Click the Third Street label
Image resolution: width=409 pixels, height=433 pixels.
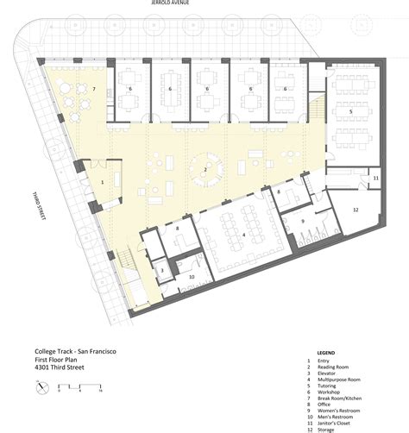39,206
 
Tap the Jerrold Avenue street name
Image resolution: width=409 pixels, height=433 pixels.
170,3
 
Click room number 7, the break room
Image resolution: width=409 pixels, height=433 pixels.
94,89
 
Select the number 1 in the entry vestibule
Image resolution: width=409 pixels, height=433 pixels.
103,182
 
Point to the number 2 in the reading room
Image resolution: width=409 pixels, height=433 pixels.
205,170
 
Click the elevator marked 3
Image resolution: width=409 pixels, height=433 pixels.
162,270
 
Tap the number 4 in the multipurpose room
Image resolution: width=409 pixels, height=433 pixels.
244,235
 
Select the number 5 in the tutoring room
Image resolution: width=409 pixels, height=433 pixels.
350,111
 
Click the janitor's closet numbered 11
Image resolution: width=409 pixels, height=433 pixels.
376,178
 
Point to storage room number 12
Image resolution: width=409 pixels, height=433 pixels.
356,210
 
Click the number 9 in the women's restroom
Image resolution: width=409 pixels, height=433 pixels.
303,221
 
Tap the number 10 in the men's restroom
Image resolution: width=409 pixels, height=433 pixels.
192,277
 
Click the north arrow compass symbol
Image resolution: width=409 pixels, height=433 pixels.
42,388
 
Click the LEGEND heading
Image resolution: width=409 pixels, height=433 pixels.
326,353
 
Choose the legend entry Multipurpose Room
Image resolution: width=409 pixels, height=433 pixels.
339,380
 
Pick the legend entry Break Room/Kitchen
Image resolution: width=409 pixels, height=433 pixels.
339,398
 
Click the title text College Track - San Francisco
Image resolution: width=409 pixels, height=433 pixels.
75,351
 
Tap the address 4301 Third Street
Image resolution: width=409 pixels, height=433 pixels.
60,367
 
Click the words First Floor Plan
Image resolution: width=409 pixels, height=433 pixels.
56,360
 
